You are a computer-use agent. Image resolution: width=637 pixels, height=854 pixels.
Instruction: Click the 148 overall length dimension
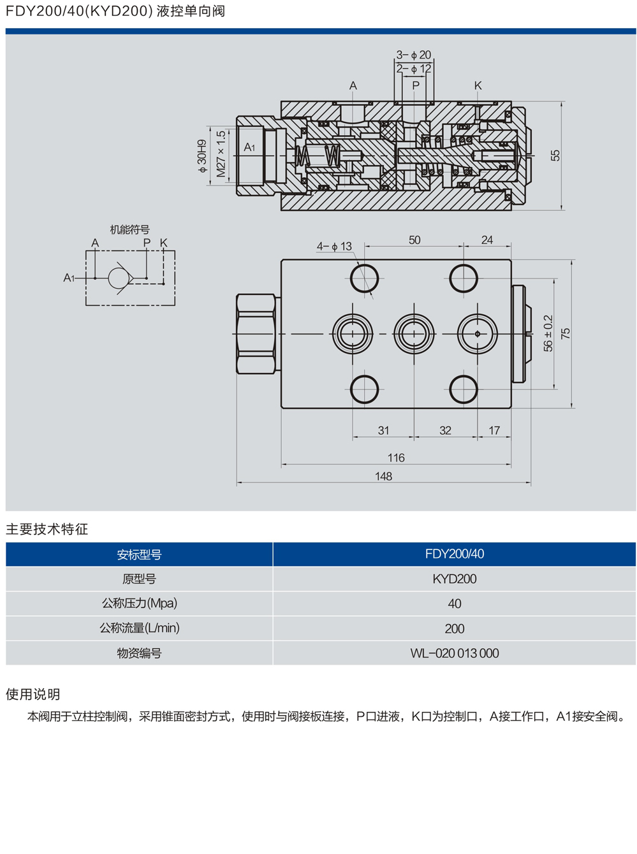pyautogui.click(x=383, y=476)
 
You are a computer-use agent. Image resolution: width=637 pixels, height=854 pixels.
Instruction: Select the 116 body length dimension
pyautogui.click(x=396, y=458)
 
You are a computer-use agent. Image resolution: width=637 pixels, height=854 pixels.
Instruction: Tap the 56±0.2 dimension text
pyautogui.click(x=548, y=333)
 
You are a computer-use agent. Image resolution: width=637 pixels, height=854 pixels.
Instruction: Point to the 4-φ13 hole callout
pyautogui.click(x=335, y=246)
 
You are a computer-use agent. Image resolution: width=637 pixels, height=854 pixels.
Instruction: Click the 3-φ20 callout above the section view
pyautogui.click(x=414, y=55)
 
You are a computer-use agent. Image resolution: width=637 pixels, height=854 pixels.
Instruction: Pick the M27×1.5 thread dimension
pyautogui.click(x=221, y=154)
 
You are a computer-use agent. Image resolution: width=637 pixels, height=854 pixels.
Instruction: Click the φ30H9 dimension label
pyautogui.click(x=202, y=156)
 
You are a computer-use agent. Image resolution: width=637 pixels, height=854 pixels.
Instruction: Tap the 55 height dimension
pyautogui.click(x=555, y=156)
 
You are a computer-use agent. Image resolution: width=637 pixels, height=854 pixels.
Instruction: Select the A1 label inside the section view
pyautogui.click(x=249, y=147)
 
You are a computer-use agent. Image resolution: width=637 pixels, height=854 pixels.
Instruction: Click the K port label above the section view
pyautogui.click(x=478, y=85)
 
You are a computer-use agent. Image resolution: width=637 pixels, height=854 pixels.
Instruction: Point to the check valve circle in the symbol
pyautogui.click(x=118, y=278)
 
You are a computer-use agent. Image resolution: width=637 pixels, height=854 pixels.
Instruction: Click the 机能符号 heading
pyautogui.click(x=129, y=229)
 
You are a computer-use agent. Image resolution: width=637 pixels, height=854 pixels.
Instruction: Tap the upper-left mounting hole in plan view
pyautogui.click(x=365, y=278)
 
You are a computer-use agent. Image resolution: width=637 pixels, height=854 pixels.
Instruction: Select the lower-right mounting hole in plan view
pyautogui.click(x=464, y=389)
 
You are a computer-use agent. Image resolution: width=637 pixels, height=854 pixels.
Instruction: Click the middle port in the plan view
pyautogui.click(x=414, y=333)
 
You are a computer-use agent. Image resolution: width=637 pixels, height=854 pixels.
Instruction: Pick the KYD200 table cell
pyautogui.click(x=454, y=579)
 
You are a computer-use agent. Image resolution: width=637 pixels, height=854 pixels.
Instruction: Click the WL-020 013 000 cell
pyautogui.click(x=454, y=653)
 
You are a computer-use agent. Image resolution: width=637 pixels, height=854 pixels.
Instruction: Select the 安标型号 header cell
pyautogui.click(x=139, y=554)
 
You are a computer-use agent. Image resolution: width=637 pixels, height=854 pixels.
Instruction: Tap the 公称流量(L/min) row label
pyautogui.click(x=139, y=628)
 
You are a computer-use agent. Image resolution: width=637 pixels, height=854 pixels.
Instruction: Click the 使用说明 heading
pyautogui.click(x=33, y=694)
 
